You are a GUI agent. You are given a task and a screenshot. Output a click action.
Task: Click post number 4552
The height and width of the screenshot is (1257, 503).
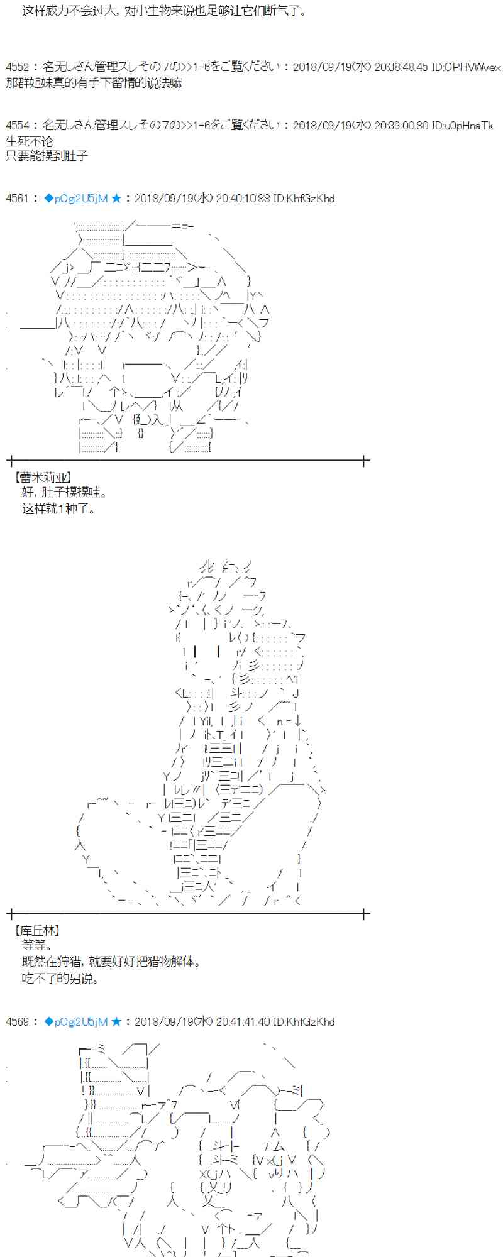pyautogui.click(x=17, y=67)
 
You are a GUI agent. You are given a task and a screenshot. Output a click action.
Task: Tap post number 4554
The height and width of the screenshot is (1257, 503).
pyautogui.click(x=17, y=126)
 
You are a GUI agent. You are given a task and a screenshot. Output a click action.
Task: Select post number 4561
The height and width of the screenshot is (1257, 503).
pyautogui.click(x=17, y=199)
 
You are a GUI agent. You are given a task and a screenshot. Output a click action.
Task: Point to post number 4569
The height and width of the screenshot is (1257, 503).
pyautogui.click(x=17, y=1022)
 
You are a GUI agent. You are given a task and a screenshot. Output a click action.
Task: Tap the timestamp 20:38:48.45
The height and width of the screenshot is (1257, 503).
pyautogui.click(x=401, y=67)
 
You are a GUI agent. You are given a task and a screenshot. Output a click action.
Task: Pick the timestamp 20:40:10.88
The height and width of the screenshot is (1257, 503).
pyautogui.click(x=242, y=199)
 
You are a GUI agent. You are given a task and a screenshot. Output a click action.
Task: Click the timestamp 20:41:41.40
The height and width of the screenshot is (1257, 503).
pyautogui.click(x=242, y=1022)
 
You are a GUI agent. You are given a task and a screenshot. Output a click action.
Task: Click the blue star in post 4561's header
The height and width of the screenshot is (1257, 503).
pyautogui.click(x=116, y=199)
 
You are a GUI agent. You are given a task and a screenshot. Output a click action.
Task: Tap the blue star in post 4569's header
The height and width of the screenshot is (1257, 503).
pyautogui.click(x=116, y=1022)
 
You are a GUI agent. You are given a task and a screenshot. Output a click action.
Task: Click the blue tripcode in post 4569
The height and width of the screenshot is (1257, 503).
pyautogui.click(x=76, y=1022)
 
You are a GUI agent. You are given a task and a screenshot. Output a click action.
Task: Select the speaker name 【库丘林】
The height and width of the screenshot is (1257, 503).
pyautogui.click(x=38, y=930)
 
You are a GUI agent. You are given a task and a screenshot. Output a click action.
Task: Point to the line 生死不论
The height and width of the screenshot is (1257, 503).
pyautogui.click(x=30, y=141)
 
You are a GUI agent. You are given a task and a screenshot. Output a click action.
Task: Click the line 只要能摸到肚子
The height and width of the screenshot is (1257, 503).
pyautogui.click(x=47, y=155)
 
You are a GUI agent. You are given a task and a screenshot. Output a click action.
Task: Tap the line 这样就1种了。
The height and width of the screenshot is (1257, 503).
pyautogui.click(x=59, y=508)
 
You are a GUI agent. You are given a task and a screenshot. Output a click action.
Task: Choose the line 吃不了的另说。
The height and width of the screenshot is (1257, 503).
pyautogui.click(x=60, y=979)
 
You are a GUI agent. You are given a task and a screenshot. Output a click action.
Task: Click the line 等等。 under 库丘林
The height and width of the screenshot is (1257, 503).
pyautogui.click(x=36, y=945)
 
